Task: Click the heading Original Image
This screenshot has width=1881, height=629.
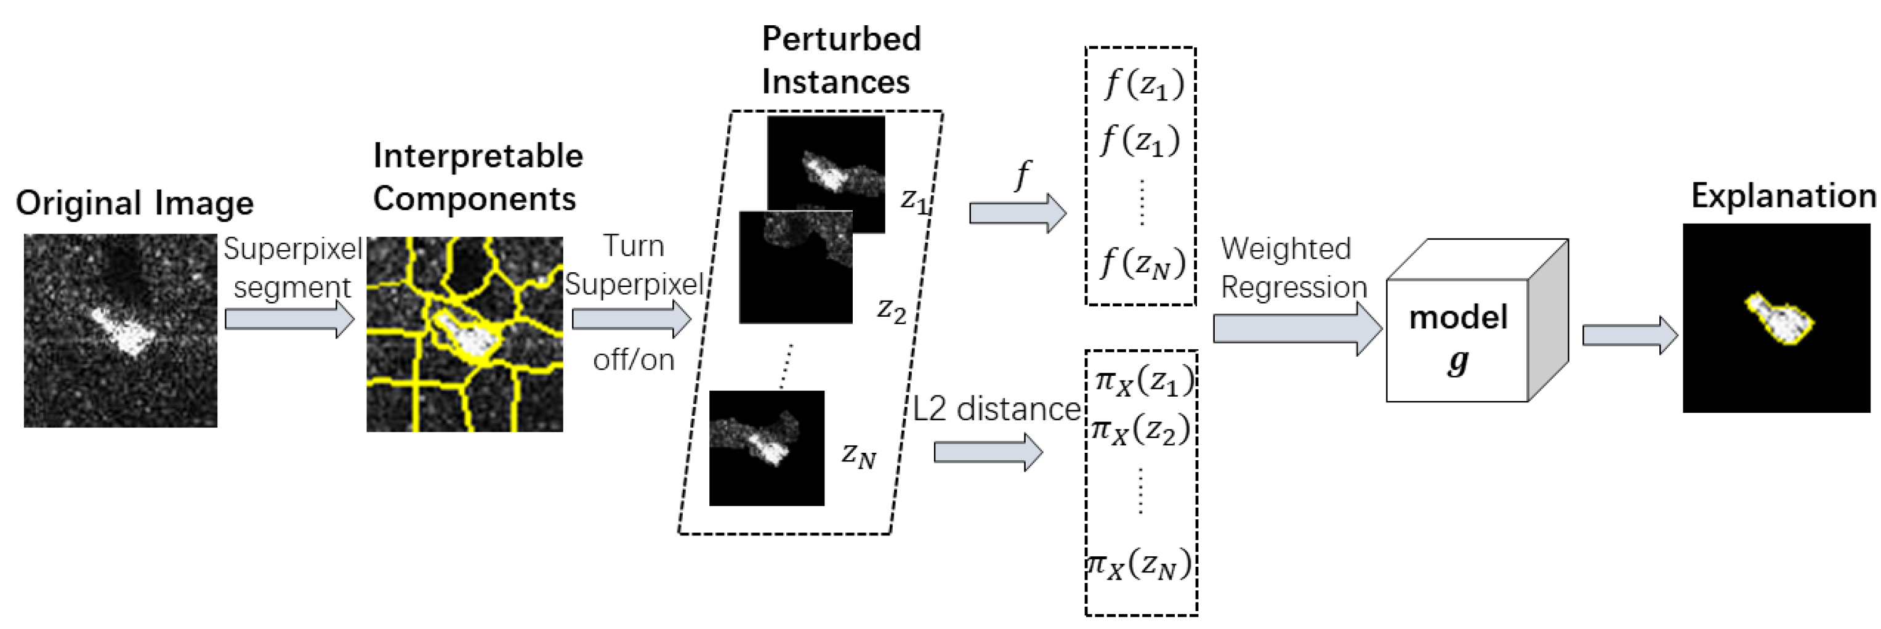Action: tap(134, 203)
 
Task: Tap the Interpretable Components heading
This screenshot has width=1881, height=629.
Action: tap(478, 177)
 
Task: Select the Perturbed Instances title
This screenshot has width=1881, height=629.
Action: tap(840, 60)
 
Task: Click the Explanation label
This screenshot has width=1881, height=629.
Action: tap(1783, 196)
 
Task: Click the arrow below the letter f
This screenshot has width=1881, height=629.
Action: tap(1017, 213)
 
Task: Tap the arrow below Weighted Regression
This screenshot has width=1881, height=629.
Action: tap(1297, 329)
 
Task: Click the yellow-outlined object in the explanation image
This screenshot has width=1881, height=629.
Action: tap(1779, 319)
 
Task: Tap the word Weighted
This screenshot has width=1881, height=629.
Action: tap(1285, 248)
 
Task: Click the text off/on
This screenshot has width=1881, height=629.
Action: tap(633, 359)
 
